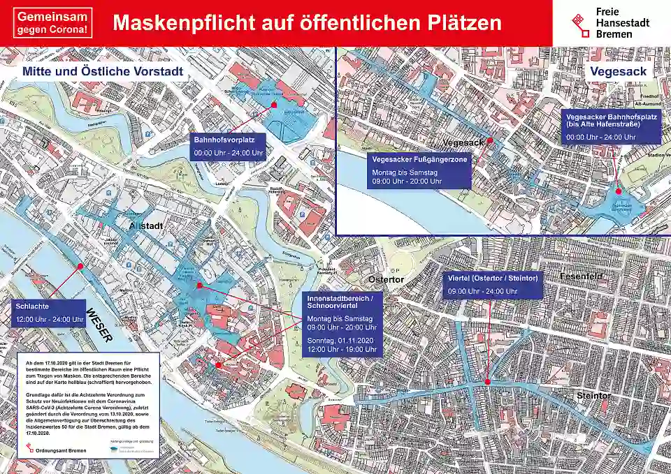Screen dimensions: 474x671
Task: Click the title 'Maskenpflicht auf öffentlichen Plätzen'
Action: click(307, 22)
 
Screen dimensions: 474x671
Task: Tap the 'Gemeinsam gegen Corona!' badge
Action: click(52, 22)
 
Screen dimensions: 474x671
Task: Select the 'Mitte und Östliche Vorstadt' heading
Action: click(103, 71)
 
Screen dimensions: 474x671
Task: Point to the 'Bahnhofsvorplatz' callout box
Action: click(229, 146)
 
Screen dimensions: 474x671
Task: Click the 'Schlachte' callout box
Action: click(49, 313)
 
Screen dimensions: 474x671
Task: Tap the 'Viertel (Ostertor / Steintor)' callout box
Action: click(493, 285)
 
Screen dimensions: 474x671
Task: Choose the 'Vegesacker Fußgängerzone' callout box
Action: click(419, 170)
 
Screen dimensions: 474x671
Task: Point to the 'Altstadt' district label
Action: click(146, 225)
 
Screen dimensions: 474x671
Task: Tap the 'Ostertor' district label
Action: click(386, 279)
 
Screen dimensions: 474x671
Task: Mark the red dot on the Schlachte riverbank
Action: click(81, 266)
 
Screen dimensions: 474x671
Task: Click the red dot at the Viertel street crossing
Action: click(486, 381)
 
